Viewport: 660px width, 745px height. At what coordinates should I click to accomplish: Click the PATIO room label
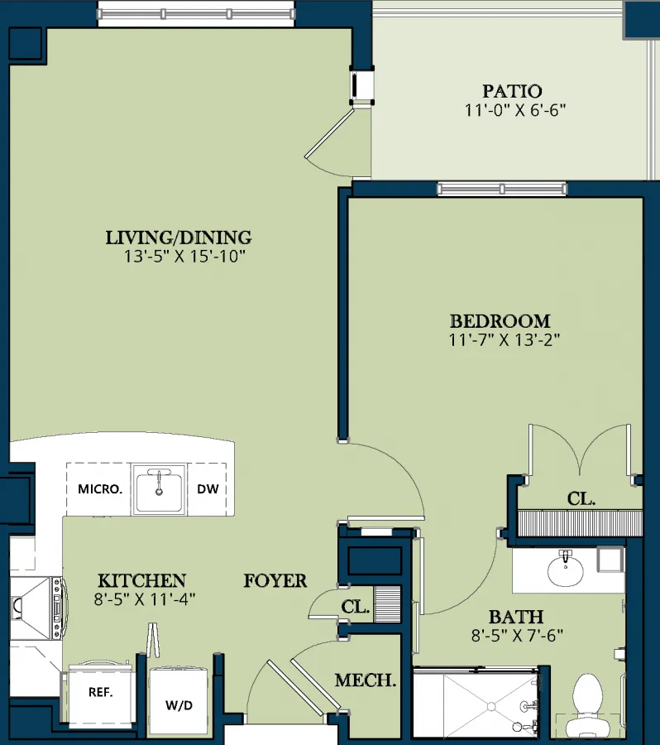[x=512, y=91]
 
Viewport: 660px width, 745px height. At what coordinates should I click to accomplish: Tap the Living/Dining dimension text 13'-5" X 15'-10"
[x=184, y=257]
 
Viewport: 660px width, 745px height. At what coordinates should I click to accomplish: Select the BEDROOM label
[x=500, y=321]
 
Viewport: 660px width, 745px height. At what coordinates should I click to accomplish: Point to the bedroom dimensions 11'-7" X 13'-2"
[x=505, y=340]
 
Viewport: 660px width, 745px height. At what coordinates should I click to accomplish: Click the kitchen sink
[x=159, y=489]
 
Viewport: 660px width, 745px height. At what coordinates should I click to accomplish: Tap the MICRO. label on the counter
[x=100, y=489]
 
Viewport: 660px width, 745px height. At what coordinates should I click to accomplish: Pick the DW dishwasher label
[x=208, y=489]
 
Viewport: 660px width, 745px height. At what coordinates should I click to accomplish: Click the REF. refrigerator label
[x=101, y=692]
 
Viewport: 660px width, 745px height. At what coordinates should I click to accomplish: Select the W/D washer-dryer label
[x=179, y=705]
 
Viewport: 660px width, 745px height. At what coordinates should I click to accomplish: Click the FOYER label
[x=275, y=580]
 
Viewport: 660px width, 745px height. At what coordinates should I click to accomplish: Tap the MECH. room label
[x=366, y=680]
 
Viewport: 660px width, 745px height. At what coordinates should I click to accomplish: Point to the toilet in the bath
[x=588, y=705]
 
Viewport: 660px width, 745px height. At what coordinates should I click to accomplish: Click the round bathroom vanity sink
[x=566, y=570]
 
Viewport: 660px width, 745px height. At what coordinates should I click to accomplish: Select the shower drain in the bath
[x=491, y=707]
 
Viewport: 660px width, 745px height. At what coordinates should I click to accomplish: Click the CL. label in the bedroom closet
[x=581, y=499]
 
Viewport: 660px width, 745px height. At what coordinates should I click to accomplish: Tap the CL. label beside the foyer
[x=355, y=607]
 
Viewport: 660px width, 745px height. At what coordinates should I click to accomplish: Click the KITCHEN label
[x=142, y=580]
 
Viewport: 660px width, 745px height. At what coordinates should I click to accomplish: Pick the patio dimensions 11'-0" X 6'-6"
[x=515, y=110]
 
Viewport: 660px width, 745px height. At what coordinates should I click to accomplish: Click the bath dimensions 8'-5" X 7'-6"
[x=517, y=636]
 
